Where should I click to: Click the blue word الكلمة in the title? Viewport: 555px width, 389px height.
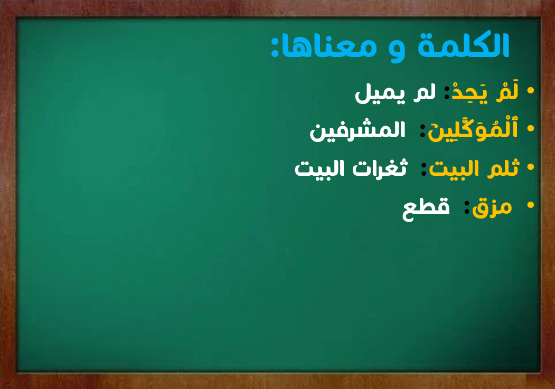pyautogui.click(x=463, y=45)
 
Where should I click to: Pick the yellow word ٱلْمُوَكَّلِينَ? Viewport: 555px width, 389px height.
pyautogui.click(x=473, y=129)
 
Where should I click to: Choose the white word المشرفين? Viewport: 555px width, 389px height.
pyautogui.click(x=358, y=131)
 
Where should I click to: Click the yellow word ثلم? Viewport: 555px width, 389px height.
pyautogui.click(x=503, y=167)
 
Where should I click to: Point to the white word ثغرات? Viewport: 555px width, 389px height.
pyautogui.click(x=380, y=168)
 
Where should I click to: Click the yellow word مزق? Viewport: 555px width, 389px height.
pyautogui.click(x=492, y=207)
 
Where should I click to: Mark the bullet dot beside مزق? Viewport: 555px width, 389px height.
pyautogui.click(x=530, y=205)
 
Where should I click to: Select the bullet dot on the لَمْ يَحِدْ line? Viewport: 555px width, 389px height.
pyautogui.click(x=530, y=91)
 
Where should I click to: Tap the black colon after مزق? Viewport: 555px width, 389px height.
pyautogui.click(x=467, y=207)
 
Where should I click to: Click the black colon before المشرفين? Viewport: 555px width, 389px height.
pyautogui.click(x=422, y=131)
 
